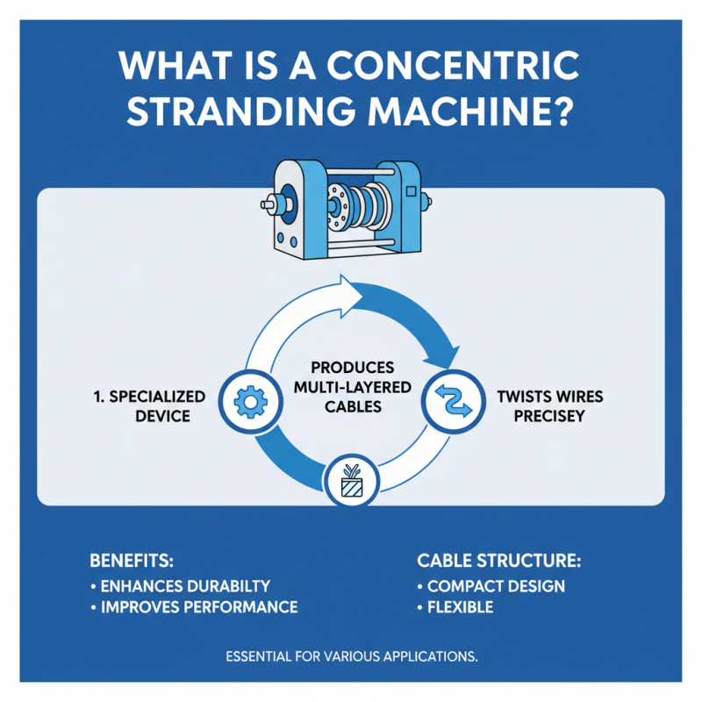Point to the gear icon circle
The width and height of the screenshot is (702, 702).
tap(253, 400)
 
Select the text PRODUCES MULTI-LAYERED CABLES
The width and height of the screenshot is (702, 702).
tap(351, 389)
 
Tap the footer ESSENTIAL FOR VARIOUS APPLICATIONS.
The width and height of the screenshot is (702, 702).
tap(351, 655)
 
